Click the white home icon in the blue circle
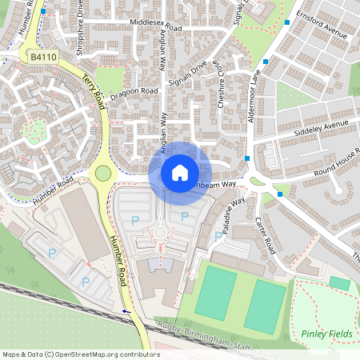(180, 172)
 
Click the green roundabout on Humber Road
(102, 173)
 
